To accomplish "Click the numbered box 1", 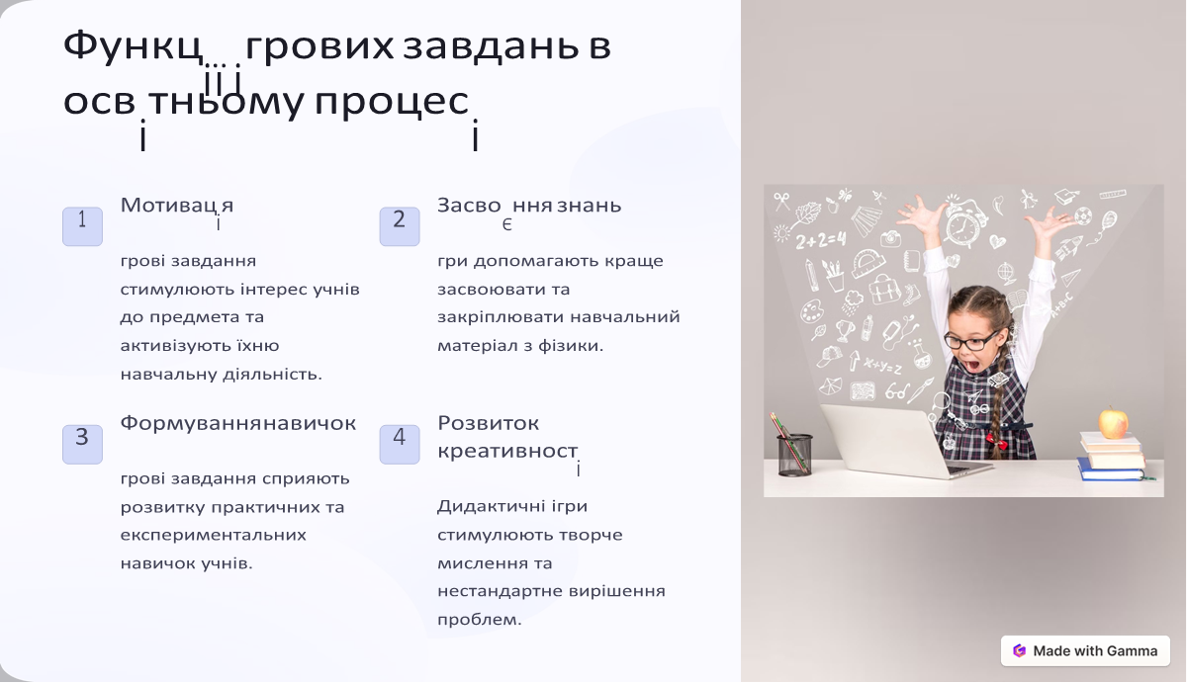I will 82,225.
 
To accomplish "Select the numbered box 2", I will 400,225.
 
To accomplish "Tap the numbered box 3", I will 82,444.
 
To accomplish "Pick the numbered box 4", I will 400,444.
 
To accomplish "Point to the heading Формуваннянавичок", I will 237,423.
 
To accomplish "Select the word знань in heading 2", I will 589,206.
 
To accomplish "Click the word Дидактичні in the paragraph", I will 487,506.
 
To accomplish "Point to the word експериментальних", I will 213,535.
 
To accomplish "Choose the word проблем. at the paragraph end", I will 479,620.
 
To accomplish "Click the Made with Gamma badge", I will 1085,650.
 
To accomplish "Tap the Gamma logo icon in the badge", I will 1019,650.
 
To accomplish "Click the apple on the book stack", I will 1114,423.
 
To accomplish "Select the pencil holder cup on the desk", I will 794,455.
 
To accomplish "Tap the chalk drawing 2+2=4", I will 820,240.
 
